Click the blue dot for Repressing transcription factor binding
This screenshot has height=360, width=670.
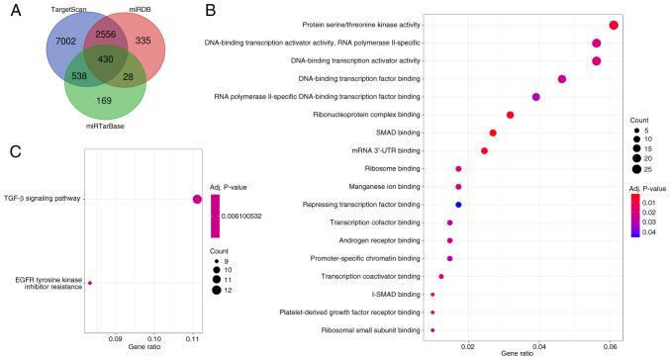point(458,204)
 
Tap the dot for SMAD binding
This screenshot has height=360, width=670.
point(492,133)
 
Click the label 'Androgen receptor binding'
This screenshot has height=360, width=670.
point(377,240)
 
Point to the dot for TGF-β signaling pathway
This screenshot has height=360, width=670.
point(197,200)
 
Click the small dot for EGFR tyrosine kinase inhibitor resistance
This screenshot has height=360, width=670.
point(90,283)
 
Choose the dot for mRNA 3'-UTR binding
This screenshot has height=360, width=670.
point(484,150)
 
